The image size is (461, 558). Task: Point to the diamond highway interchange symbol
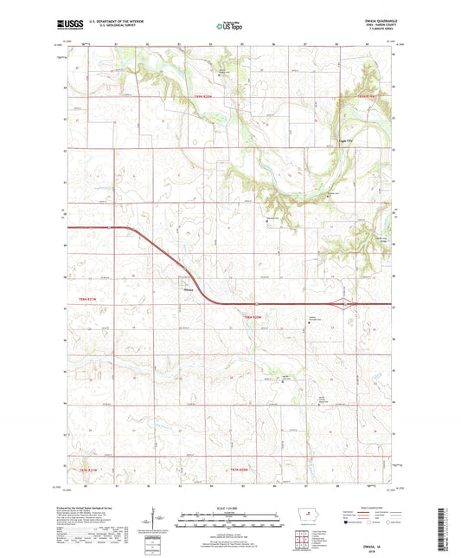346,304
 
